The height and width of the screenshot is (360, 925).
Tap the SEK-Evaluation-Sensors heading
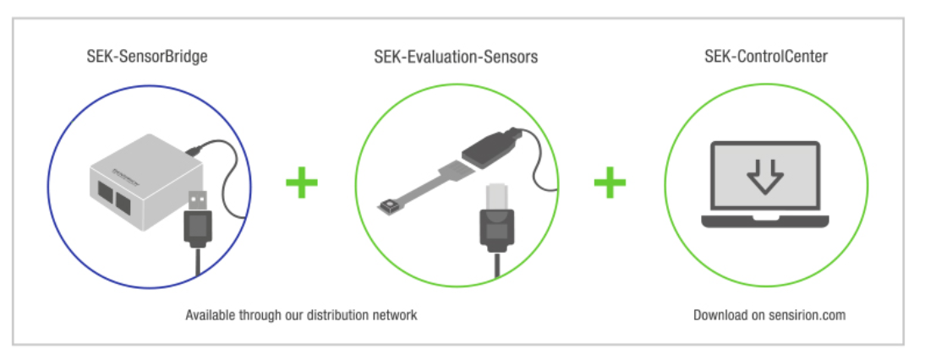point(456,57)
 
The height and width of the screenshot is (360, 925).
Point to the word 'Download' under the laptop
point(719,315)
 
